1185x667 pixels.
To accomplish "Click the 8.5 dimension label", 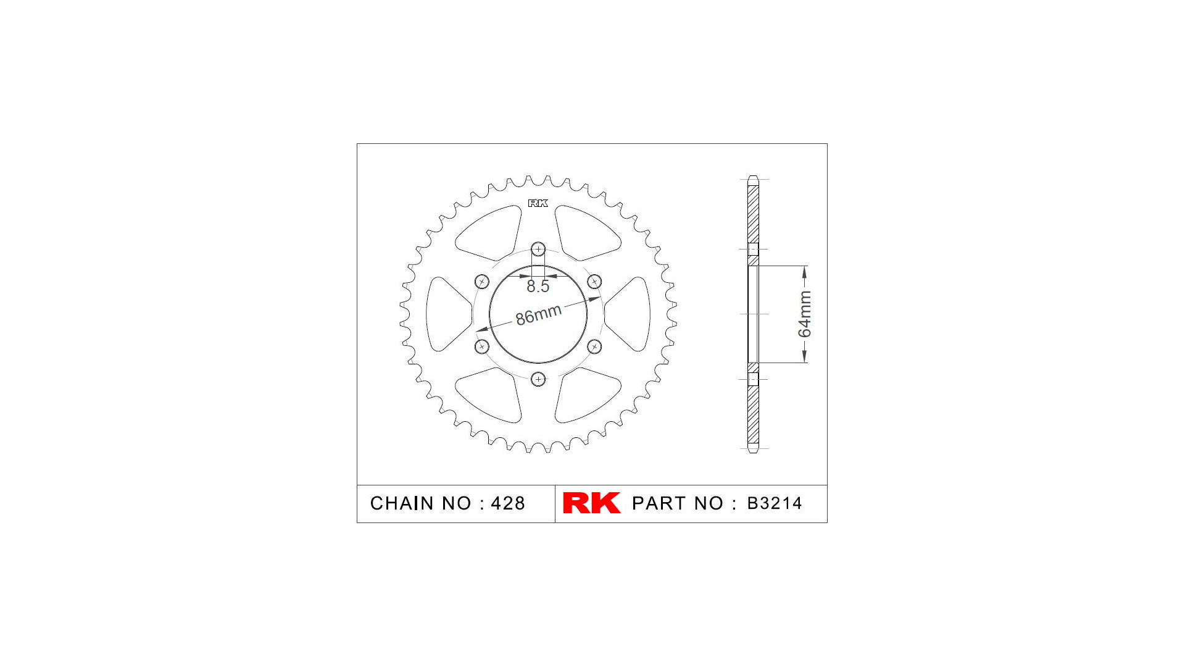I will click(x=538, y=287).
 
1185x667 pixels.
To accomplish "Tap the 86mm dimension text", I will click(x=538, y=315).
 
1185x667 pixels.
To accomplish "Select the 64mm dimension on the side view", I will click(x=805, y=314).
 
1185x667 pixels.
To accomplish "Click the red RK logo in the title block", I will click(x=591, y=503).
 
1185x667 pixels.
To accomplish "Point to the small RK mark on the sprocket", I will click(x=538, y=203).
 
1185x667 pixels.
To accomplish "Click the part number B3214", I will click(x=774, y=503).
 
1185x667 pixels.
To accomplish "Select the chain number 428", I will click(x=507, y=503).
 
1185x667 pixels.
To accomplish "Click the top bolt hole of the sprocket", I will click(x=538, y=250).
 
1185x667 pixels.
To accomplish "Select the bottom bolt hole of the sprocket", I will click(x=538, y=379).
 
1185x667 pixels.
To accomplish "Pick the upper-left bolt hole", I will click(x=482, y=282).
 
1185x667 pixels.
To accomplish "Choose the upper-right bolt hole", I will click(x=594, y=282).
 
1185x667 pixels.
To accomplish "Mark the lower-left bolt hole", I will click(x=482, y=346).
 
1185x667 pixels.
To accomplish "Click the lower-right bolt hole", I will click(x=594, y=346).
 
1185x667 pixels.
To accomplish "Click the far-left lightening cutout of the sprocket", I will click(x=446, y=314).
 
